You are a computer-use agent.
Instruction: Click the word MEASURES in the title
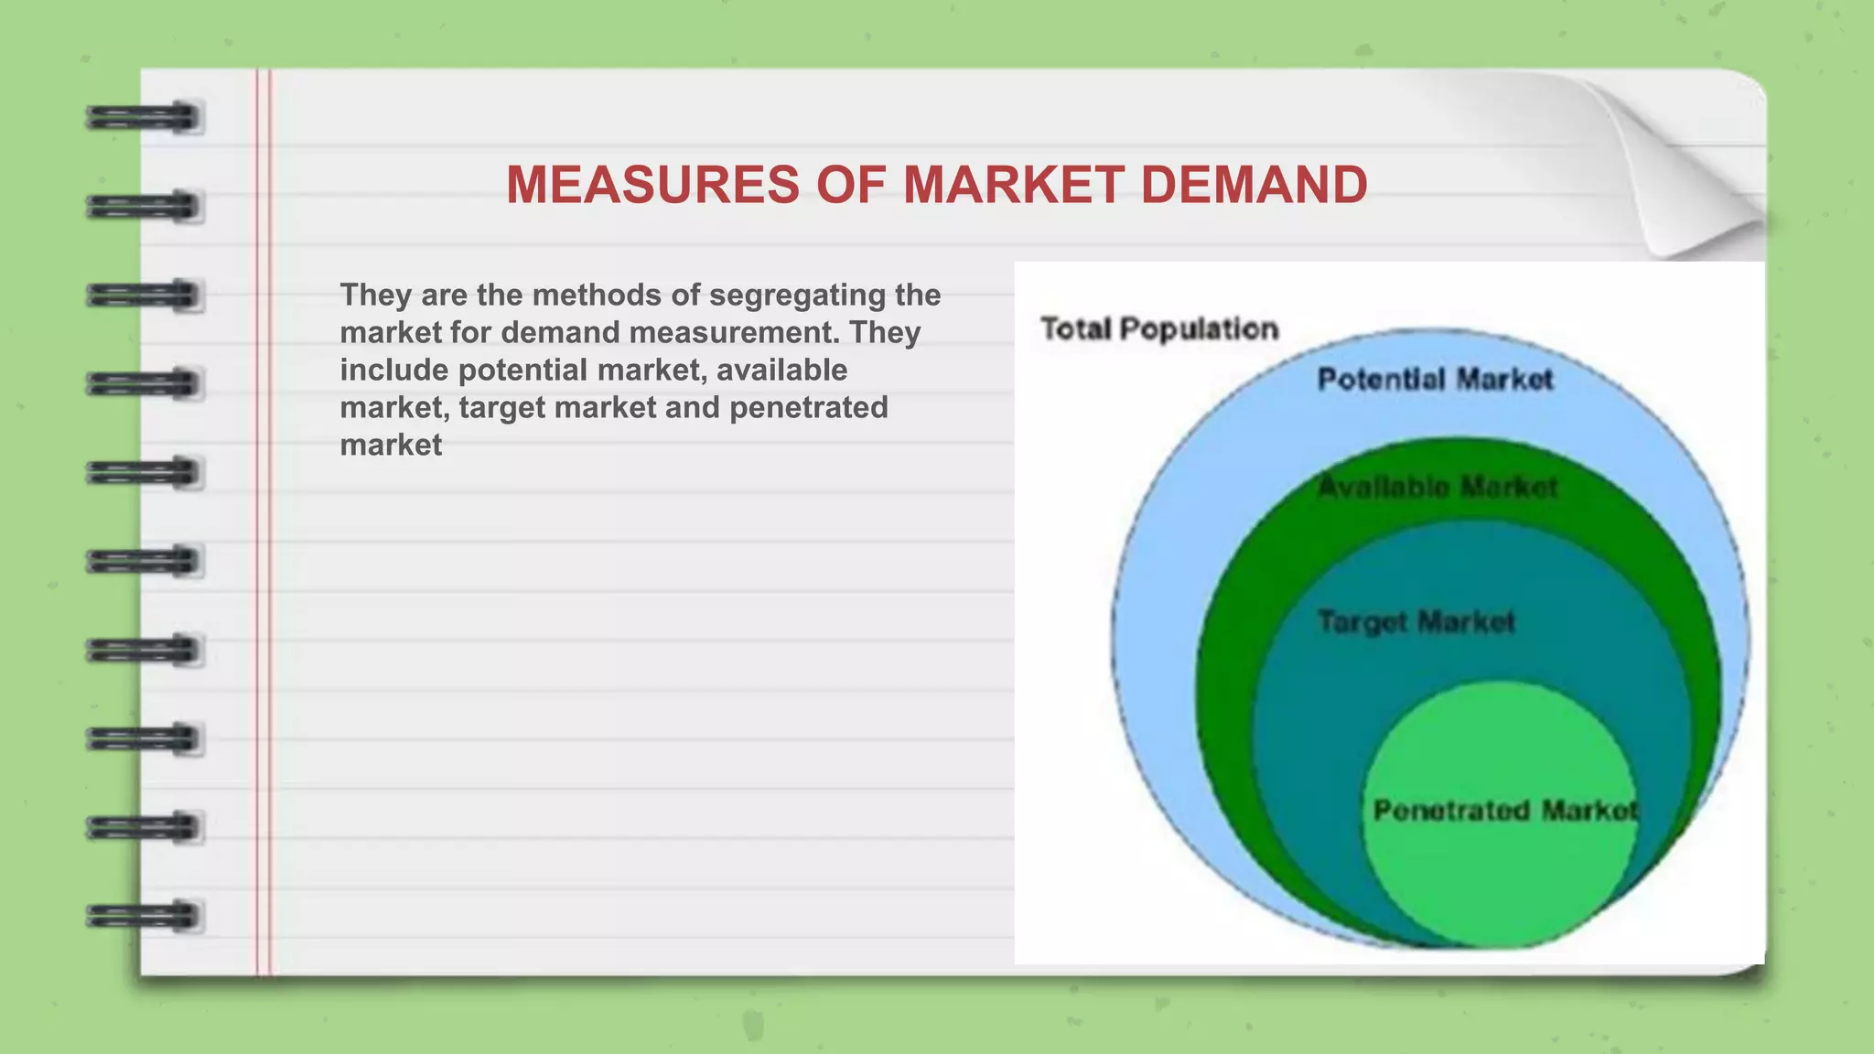coord(652,185)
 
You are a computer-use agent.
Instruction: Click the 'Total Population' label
coord(1159,328)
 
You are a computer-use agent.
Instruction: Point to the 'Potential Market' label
coord(1435,379)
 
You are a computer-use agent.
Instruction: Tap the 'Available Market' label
coord(1437,487)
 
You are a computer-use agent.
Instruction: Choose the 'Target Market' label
coord(1416,622)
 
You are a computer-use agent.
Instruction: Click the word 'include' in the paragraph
coord(394,370)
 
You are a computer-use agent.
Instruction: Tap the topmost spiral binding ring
coord(145,118)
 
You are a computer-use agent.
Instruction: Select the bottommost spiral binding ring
coord(145,916)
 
